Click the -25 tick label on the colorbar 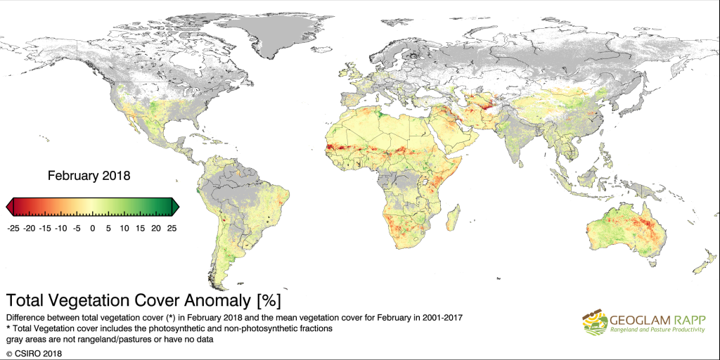click(13, 228)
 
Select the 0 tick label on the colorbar click(93, 228)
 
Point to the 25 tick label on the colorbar click(171, 228)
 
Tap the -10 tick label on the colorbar click(60, 228)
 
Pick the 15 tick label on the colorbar click(140, 228)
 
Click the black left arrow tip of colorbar click(9, 206)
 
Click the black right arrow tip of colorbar click(176, 206)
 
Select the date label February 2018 click(89, 175)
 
